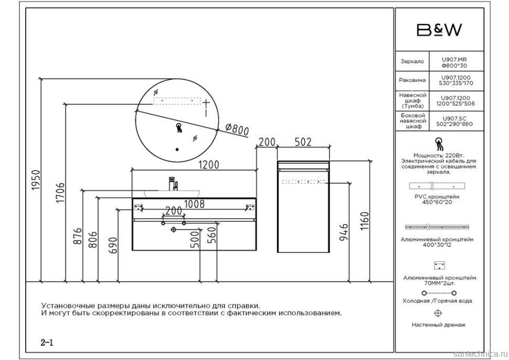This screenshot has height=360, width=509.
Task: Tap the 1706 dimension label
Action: (x=60, y=194)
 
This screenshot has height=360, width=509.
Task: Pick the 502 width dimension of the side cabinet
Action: (x=303, y=142)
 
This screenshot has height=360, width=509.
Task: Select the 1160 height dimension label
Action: (x=365, y=224)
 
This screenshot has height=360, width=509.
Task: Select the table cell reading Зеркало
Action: (x=412, y=61)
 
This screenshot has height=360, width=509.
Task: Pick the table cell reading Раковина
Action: (x=412, y=81)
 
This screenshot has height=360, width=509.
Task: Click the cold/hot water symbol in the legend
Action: (x=439, y=292)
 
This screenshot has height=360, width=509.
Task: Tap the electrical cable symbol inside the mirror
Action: (x=178, y=126)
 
